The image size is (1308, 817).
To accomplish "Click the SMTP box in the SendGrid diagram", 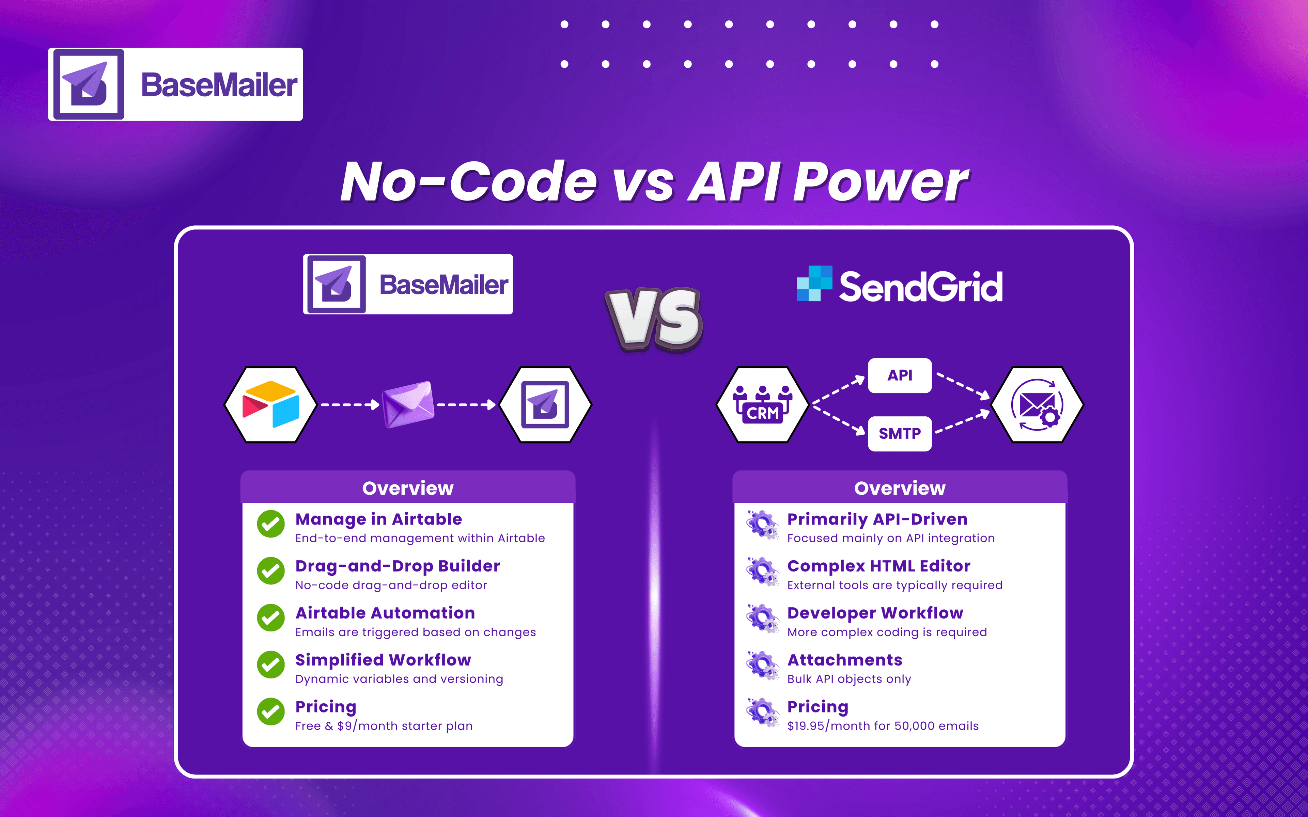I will pos(899,433).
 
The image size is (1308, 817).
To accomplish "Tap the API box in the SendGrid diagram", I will pos(899,375).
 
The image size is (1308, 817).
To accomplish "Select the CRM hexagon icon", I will pos(762,405).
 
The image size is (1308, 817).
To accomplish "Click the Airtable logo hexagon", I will pos(270,405).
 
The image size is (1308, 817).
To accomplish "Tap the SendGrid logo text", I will pos(920,286).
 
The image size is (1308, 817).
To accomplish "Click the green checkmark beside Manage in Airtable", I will pos(271,524).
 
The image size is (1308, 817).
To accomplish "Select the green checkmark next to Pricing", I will pos(271,711).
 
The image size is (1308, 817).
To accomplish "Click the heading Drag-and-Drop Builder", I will pos(397,566).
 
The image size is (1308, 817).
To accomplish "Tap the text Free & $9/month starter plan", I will pos(384,726).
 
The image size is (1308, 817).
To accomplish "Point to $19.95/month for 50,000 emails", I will pos(883,726).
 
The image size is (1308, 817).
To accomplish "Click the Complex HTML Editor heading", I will pos(878,566).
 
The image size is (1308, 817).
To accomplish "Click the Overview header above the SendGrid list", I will pos(899,488).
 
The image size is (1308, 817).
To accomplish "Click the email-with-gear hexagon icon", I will pos(1037,405).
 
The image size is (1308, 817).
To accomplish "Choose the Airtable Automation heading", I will pos(385,613).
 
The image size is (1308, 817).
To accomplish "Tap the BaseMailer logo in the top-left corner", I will pos(176,84).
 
